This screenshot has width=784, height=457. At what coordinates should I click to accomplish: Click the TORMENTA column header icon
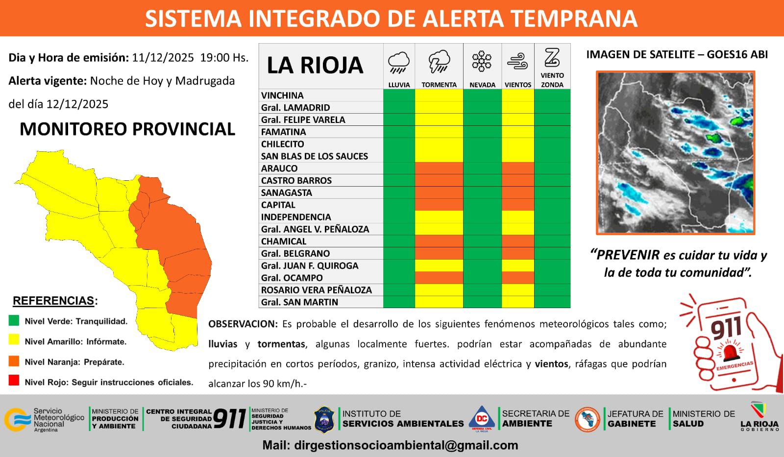coord(439,61)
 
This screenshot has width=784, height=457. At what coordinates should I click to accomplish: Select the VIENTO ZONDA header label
coord(552,80)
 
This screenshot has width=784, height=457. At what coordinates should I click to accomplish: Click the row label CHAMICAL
coord(284,241)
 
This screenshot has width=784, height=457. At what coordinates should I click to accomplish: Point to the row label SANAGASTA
coord(287,192)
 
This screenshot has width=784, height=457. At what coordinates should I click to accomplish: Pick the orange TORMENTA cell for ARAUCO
coord(439,168)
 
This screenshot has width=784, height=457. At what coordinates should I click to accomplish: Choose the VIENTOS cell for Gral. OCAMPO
coord(517,278)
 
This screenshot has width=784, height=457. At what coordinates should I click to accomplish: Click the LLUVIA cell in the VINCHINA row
coord(399,95)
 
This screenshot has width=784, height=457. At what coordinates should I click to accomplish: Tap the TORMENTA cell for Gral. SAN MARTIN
coord(439,302)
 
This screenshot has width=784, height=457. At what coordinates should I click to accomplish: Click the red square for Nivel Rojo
coord(14,381)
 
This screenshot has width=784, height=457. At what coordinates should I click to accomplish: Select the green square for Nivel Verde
coord(14,320)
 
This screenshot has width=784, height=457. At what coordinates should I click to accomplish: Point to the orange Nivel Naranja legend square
coord(14,361)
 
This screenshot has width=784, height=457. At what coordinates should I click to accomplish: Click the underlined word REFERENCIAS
coord(53,301)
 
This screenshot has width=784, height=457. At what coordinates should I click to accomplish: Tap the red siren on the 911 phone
coord(730,352)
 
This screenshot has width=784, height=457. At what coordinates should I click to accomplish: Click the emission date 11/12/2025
coord(163,58)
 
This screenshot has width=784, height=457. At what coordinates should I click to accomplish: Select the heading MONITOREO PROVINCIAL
coord(127,129)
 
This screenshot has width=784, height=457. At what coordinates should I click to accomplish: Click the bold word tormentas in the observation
coord(281,344)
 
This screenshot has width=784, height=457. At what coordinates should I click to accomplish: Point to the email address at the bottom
coord(390,445)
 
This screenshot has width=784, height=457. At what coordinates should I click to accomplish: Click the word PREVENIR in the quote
coord(625,255)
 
